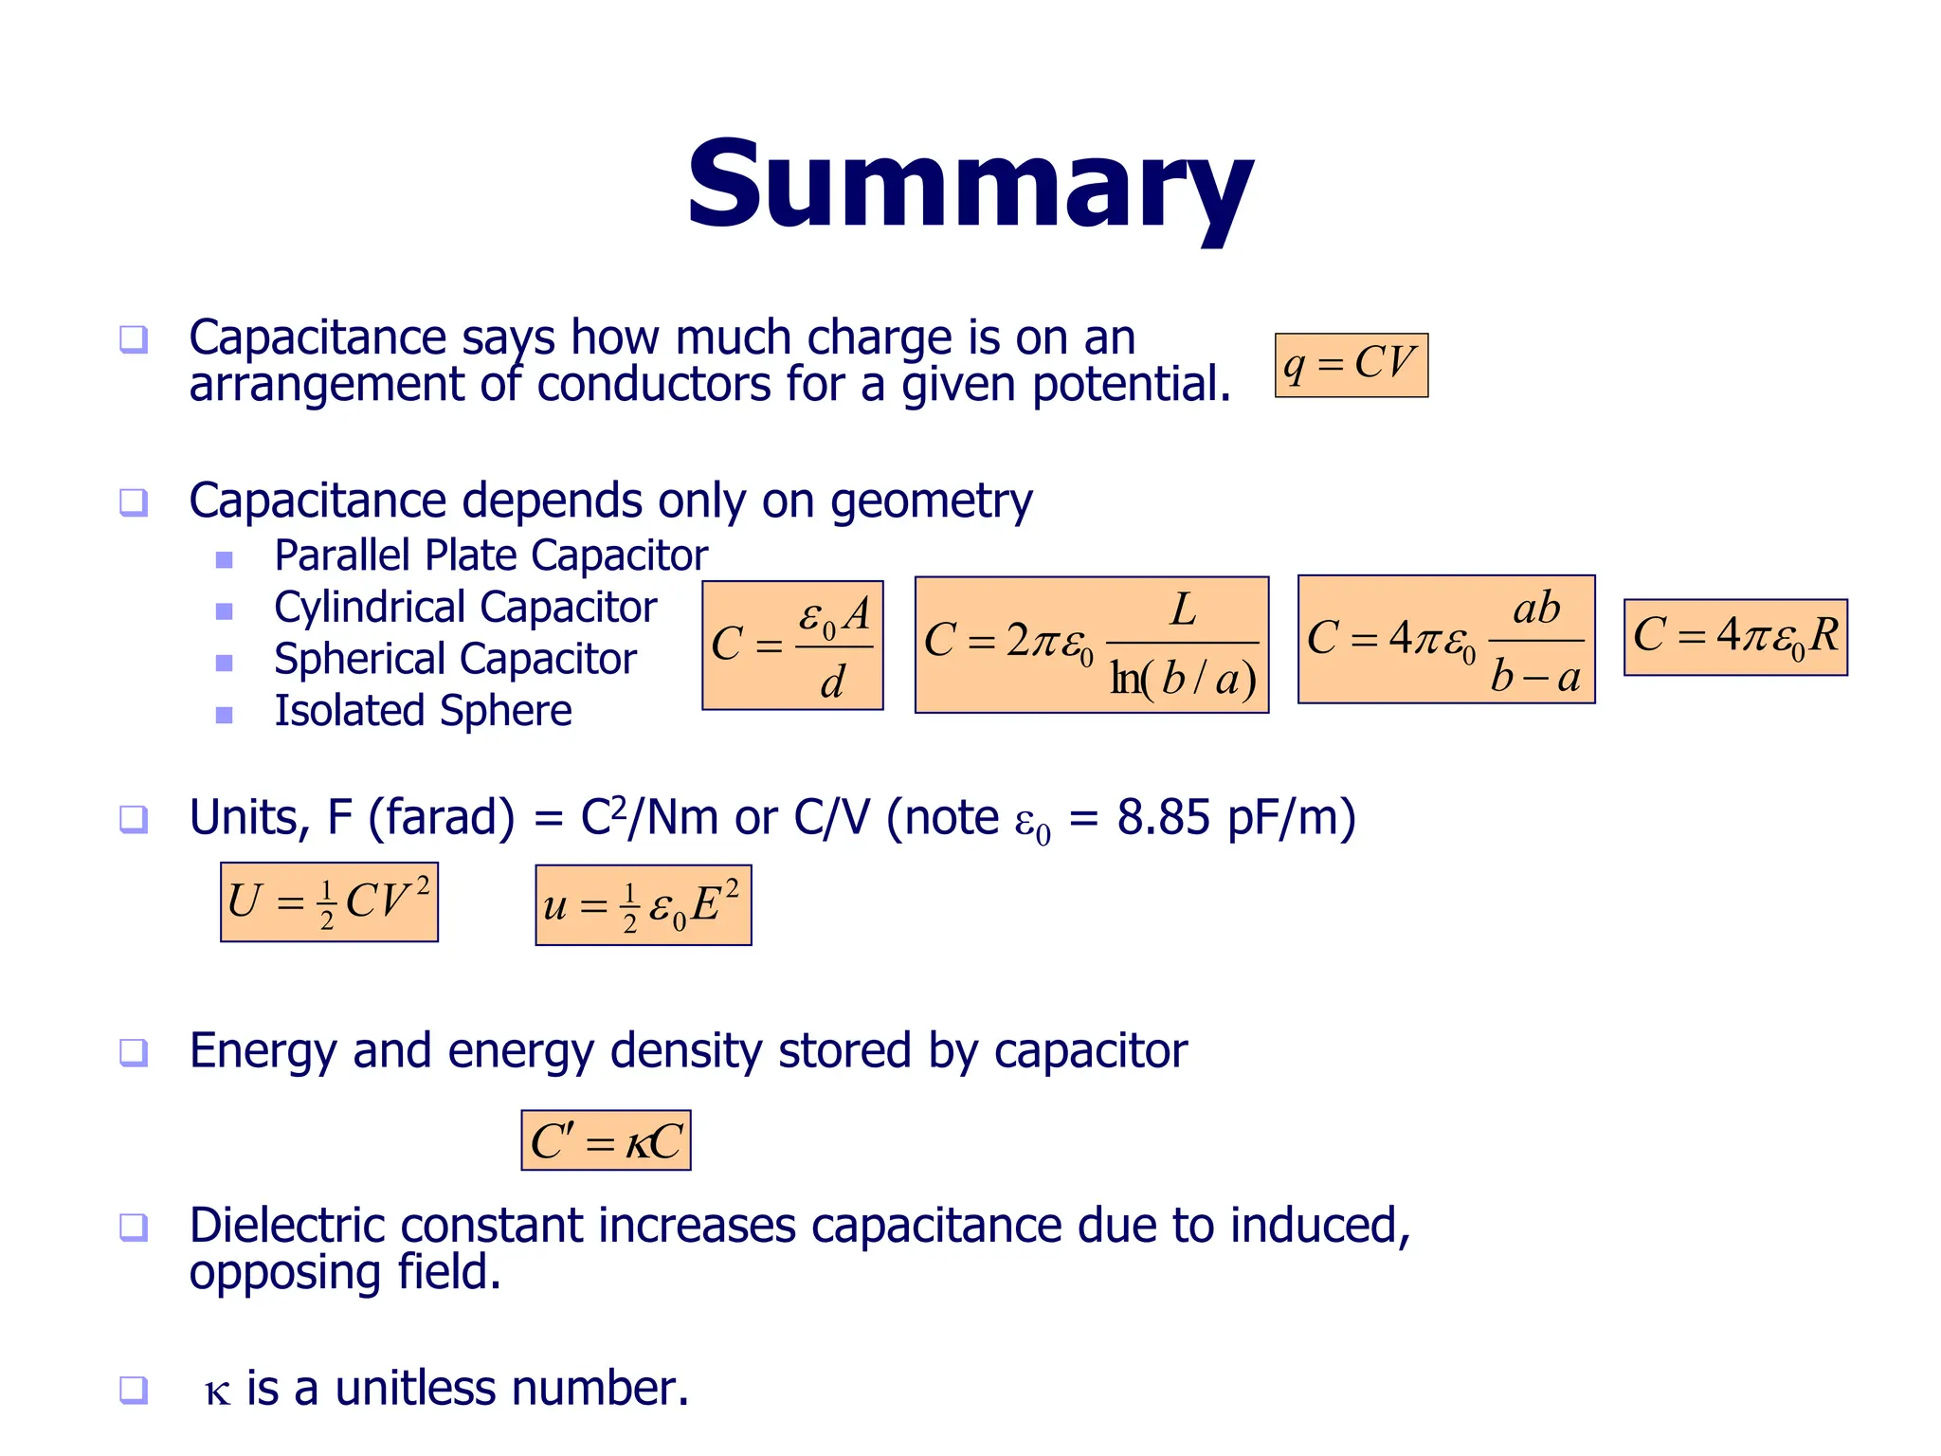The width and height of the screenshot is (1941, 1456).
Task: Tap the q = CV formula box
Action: [1351, 365]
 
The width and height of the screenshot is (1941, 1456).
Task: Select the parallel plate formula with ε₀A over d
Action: [792, 646]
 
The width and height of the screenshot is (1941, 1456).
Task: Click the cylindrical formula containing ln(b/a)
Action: [1091, 645]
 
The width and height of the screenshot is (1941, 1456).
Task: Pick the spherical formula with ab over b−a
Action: [1446, 640]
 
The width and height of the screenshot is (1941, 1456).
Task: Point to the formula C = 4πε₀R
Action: [1735, 637]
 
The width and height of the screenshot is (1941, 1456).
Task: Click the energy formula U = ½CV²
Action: [329, 902]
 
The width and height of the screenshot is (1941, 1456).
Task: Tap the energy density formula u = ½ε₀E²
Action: [643, 905]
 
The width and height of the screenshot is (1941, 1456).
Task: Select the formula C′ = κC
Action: [606, 1140]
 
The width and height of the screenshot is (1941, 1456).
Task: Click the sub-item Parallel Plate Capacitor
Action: [491, 555]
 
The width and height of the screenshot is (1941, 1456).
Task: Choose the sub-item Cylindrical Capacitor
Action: [465, 608]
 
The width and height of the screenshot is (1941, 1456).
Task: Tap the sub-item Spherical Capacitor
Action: [455, 660]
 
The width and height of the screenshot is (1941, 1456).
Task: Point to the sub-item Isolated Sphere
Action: [423, 711]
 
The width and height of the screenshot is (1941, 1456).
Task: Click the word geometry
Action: [931, 502]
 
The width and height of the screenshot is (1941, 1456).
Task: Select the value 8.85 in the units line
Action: [1163, 818]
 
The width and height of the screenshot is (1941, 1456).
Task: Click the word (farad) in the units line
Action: [441, 818]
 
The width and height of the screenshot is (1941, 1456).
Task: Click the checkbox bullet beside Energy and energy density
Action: [134, 1052]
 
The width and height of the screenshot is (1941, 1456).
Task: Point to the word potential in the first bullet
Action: [1130, 386]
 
